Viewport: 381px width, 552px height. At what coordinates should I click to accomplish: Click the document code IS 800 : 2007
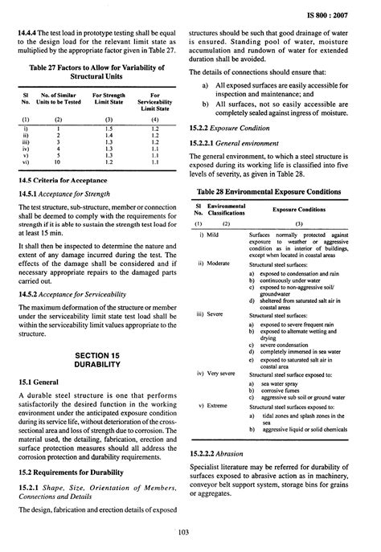pos(346,15)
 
